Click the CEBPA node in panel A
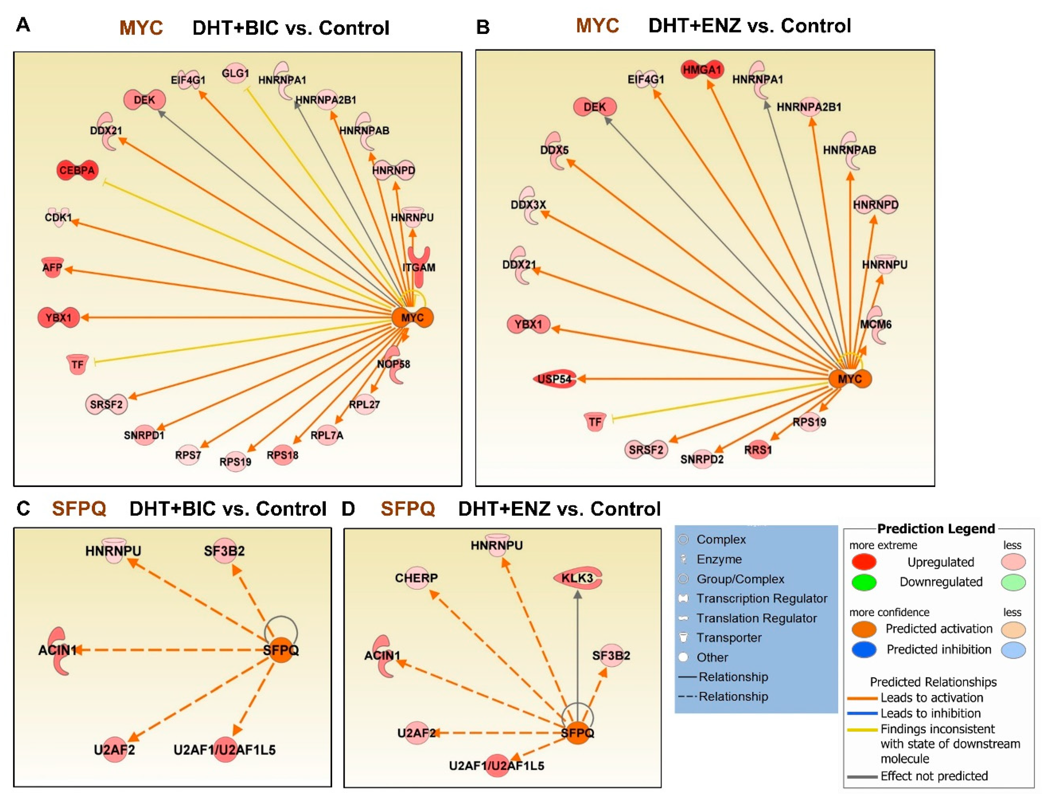(77, 170)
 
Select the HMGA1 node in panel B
(702, 70)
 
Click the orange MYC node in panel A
(412, 318)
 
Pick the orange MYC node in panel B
(850, 379)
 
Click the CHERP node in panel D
(417, 578)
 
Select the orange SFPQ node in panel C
(281, 650)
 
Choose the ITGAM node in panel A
(419, 267)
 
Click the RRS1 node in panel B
(758, 450)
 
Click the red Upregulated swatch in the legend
(863, 562)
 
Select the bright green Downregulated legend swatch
(863, 582)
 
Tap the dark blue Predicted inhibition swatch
(863, 650)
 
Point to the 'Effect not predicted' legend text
(934, 776)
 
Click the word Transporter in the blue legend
(729, 638)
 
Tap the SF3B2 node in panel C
(224, 551)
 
